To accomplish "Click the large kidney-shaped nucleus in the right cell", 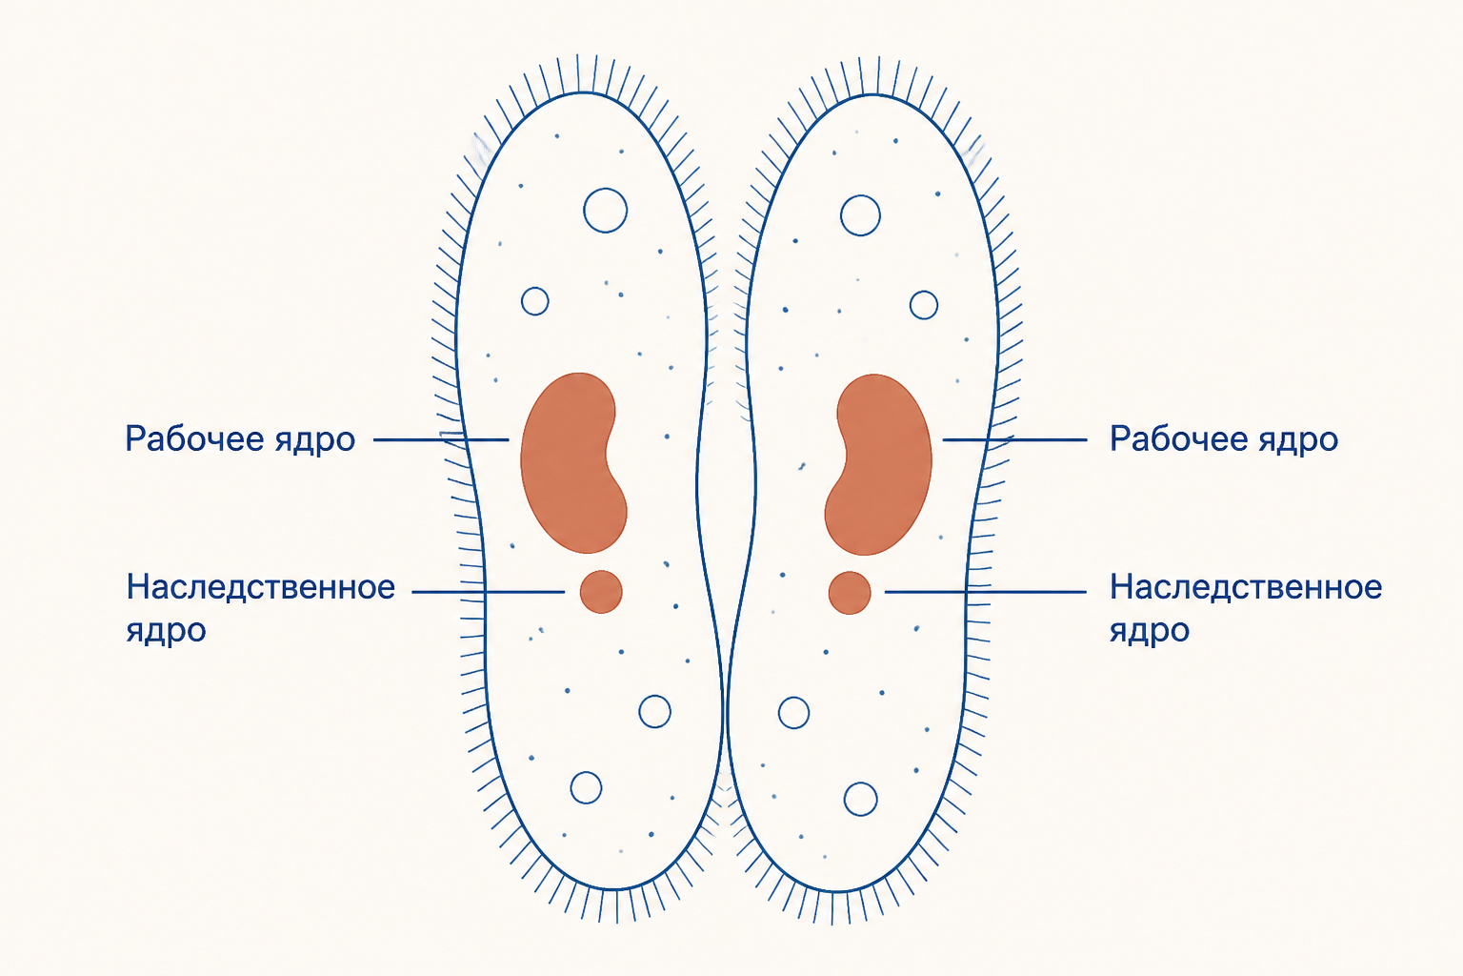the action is click(x=882, y=464).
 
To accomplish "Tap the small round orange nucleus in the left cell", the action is click(x=601, y=592).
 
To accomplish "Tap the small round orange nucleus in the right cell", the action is click(x=850, y=593).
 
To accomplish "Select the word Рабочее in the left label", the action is click(x=194, y=438).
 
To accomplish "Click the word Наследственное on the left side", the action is click(x=261, y=587).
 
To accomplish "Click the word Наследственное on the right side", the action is click(x=1246, y=587).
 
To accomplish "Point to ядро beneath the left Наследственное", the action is click(x=166, y=631).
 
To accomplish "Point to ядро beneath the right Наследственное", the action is click(x=1150, y=631).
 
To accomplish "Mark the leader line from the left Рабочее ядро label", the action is click(x=441, y=440).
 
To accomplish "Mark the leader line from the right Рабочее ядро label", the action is click(x=1015, y=440).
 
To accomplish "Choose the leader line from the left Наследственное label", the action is click(x=489, y=592).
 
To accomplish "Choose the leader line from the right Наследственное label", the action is click(x=986, y=592).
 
